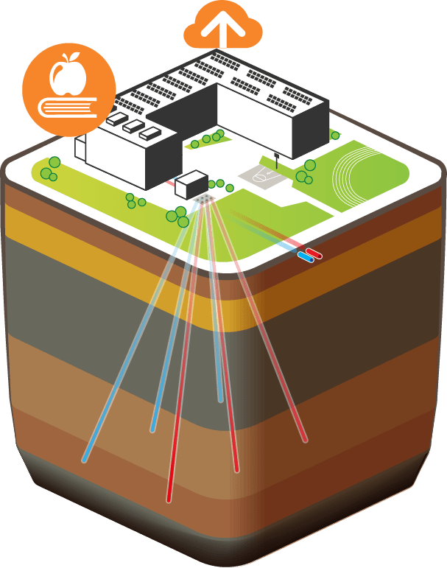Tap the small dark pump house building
coord(191,183)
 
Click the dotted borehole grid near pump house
coord(204,200)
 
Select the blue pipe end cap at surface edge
coord(303,258)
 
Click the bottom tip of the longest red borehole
coord(169,499)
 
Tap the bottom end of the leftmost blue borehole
coord(85,460)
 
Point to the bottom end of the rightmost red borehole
coord(304,441)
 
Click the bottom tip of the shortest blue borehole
coord(220,400)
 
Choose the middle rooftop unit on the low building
coord(133,127)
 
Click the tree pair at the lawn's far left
coord(50,171)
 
